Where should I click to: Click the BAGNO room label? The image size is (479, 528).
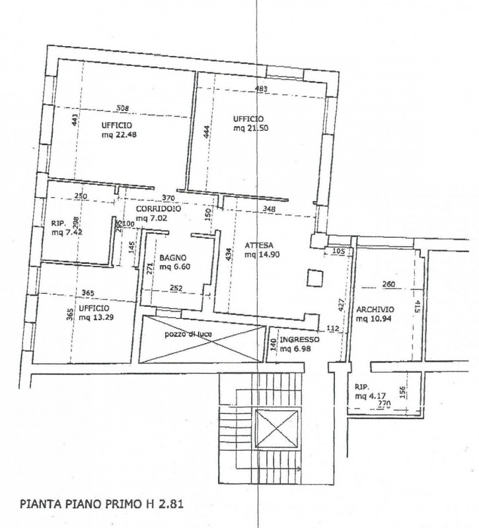click(x=173, y=258)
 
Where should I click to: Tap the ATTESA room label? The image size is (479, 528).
click(x=259, y=245)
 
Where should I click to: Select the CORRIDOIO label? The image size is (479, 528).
click(x=159, y=209)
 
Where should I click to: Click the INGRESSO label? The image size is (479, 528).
click(x=299, y=340)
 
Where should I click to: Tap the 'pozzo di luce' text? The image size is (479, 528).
click(x=188, y=335)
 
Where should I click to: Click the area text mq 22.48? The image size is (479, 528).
click(x=119, y=135)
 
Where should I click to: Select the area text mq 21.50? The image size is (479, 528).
click(x=251, y=128)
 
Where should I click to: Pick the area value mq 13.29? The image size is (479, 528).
click(x=96, y=317)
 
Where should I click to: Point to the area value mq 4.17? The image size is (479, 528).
click(x=370, y=396)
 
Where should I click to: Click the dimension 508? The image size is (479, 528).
click(x=122, y=108)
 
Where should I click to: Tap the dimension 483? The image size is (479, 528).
click(x=260, y=89)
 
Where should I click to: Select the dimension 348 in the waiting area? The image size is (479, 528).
click(x=269, y=209)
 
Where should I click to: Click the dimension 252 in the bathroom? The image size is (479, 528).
click(x=176, y=288)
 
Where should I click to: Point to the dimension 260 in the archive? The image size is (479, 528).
click(x=388, y=284)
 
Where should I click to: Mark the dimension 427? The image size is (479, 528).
click(x=342, y=305)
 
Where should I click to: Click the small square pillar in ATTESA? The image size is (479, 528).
click(x=315, y=278)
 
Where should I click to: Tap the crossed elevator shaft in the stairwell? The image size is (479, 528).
click(x=276, y=428)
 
